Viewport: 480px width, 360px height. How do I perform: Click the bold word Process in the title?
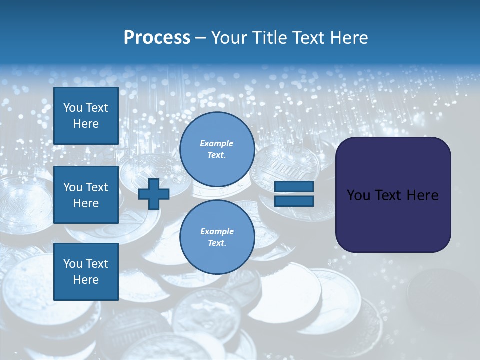(x=157, y=38)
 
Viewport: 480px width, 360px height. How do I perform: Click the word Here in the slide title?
(x=349, y=38)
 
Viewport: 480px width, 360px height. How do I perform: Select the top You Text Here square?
(x=86, y=116)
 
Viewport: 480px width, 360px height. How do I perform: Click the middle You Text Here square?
(x=86, y=195)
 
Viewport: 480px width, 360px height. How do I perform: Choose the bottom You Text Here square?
(x=86, y=271)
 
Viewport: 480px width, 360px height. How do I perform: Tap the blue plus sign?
(x=154, y=194)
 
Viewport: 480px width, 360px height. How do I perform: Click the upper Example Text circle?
(x=217, y=149)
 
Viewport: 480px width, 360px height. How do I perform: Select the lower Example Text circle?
(x=217, y=237)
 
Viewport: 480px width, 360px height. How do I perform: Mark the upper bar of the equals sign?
(x=294, y=187)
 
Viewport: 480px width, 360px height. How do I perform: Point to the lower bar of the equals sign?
(x=294, y=201)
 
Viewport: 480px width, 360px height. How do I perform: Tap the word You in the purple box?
(x=358, y=195)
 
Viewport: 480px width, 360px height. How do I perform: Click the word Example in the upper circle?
(x=217, y=143)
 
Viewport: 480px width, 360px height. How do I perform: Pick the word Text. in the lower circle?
(x=217, y=243)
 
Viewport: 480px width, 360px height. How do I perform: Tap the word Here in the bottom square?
(x=86, y=280)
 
